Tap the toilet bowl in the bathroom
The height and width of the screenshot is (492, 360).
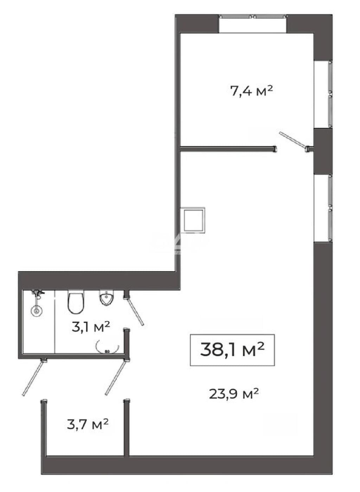(76, 302)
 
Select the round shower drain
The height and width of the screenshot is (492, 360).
(37, 311)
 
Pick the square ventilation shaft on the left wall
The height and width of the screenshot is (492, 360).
(193, 220)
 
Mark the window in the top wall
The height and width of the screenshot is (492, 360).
(252, 16)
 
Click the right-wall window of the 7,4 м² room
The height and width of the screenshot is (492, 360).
(330, 95)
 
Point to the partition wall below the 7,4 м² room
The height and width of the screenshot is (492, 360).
(228, 149)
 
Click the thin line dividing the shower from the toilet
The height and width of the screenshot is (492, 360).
(54, 322)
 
